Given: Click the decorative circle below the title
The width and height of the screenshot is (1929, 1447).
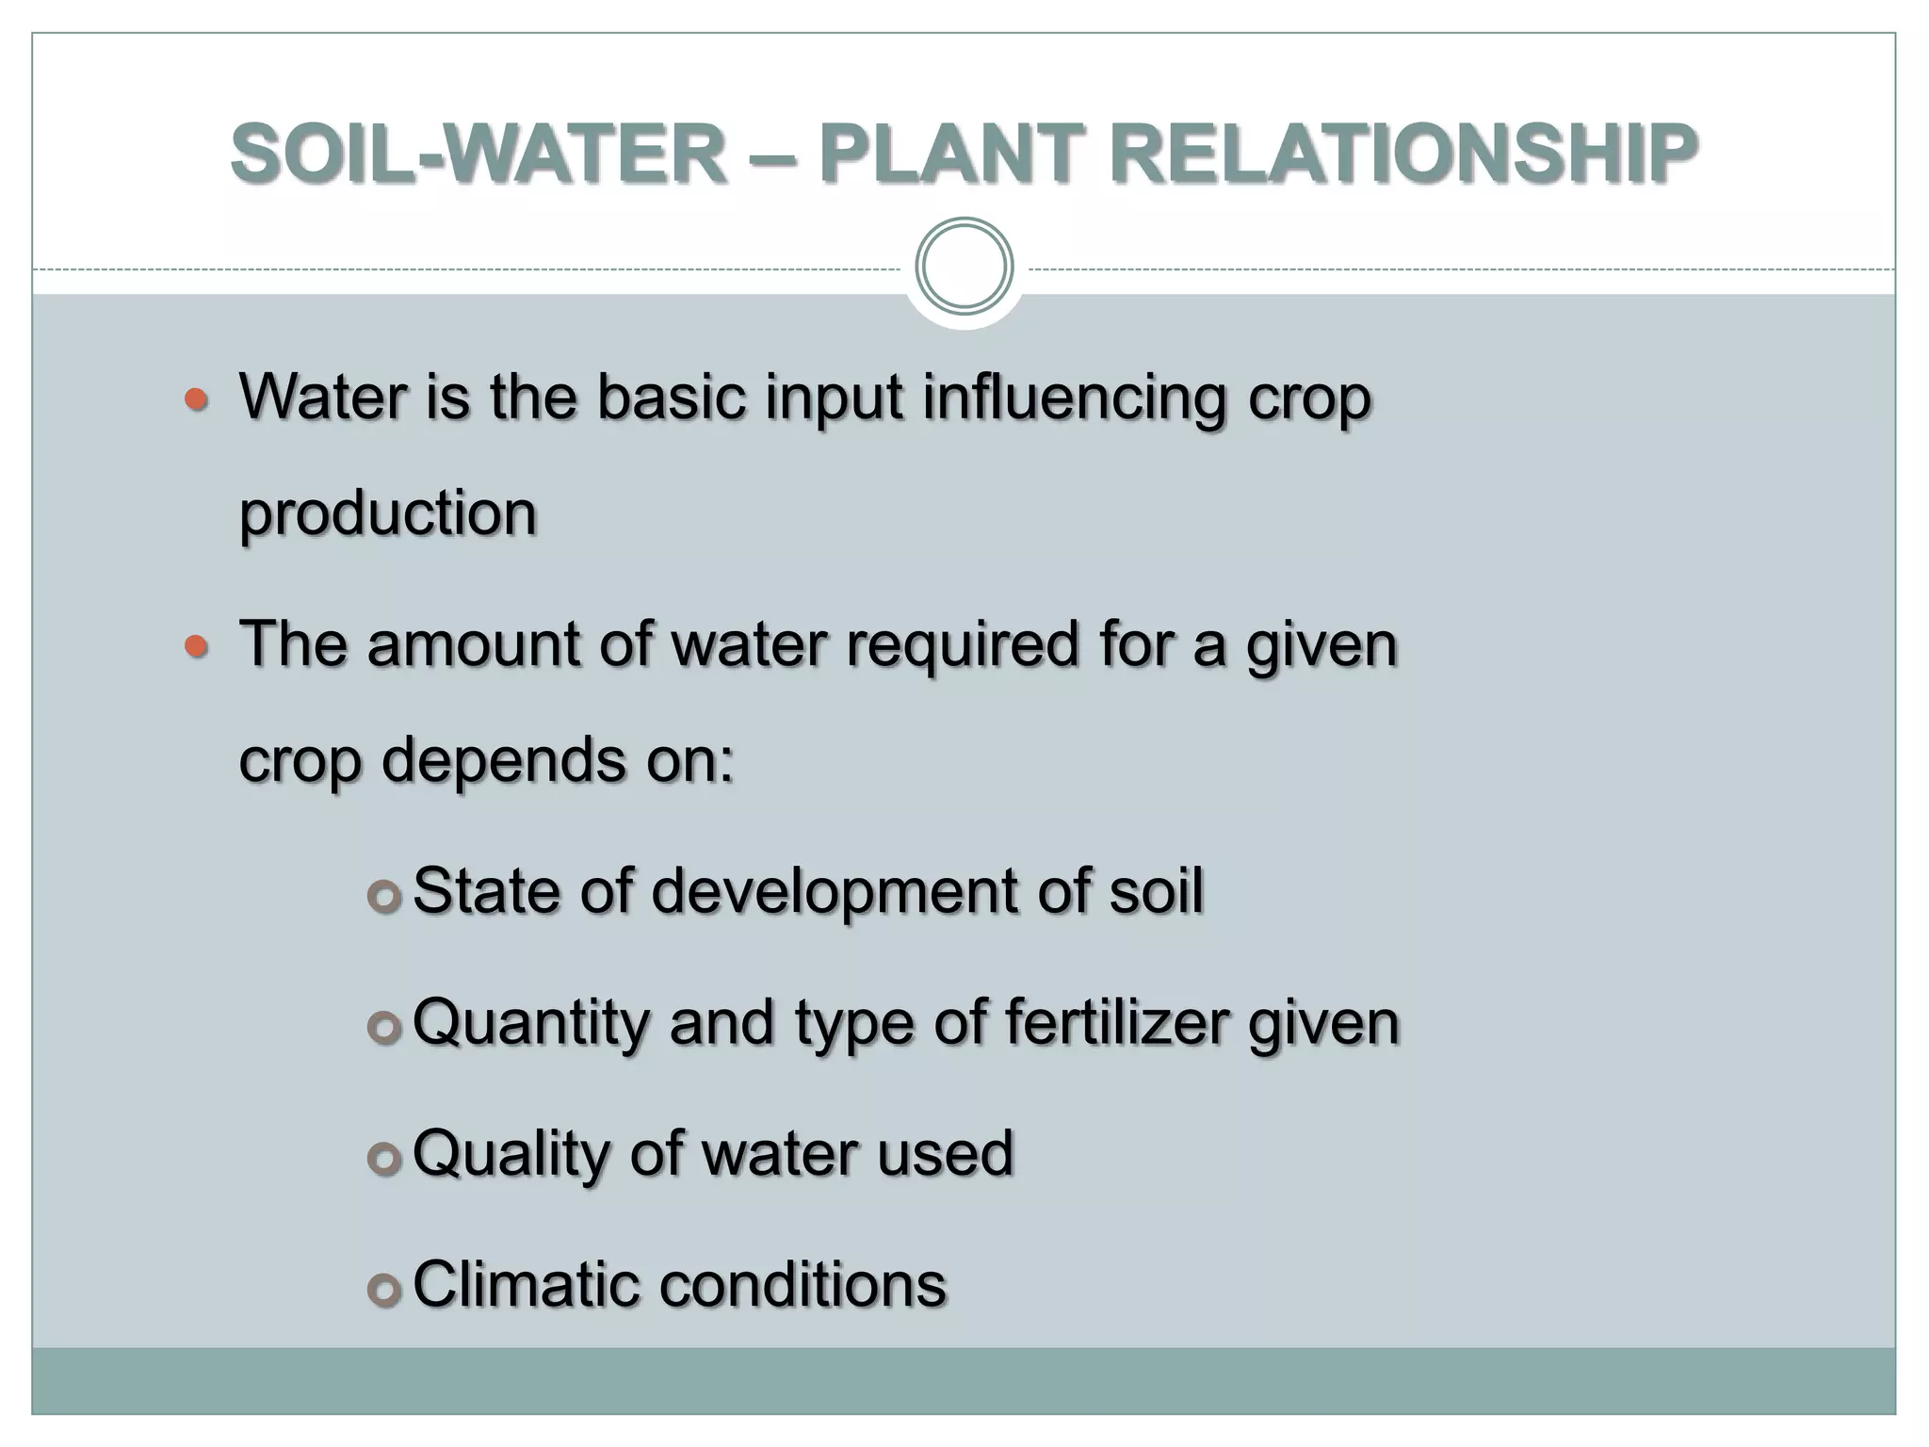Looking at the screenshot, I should [964, 267].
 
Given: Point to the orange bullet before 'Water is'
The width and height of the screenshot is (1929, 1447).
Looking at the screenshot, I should [196, 400].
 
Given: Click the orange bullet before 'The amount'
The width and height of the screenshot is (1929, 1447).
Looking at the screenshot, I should [196, 647].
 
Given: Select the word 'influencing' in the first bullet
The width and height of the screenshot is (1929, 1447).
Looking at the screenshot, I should [1074, 399].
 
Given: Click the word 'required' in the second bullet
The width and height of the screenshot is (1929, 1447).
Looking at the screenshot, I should [962, 646].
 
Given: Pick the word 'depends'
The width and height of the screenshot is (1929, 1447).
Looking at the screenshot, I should [503, 760].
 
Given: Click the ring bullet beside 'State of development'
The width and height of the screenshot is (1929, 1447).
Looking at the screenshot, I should [384, 897].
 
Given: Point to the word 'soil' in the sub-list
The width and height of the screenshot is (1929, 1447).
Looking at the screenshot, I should [1156, 890].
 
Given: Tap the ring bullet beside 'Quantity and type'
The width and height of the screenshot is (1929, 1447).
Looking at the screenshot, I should [384, 1028].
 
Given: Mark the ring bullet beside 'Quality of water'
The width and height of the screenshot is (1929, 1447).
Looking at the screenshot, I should [384, 1160].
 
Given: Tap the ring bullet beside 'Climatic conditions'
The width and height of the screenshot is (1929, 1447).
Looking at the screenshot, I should [384, 1290].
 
